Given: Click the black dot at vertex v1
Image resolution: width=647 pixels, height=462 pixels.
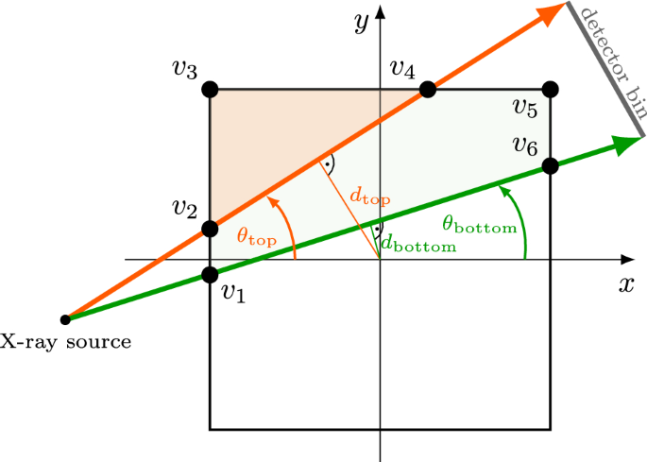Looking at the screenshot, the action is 210,276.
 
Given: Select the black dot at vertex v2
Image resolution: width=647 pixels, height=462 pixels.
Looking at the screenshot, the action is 210,230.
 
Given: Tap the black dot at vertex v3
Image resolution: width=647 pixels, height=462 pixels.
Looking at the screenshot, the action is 210,90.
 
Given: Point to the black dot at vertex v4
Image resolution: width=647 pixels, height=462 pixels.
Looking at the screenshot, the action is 428,90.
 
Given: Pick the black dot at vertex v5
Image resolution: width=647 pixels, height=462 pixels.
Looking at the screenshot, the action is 552,90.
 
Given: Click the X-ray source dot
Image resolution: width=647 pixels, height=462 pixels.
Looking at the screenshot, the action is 65,319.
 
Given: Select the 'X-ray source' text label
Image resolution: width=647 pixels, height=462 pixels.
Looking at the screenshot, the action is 66,341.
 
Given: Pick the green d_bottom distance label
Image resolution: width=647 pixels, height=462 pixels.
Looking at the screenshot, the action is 417,243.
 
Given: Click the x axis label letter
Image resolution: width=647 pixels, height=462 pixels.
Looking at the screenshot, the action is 625,283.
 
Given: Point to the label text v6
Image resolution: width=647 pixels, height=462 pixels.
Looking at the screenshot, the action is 525,145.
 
